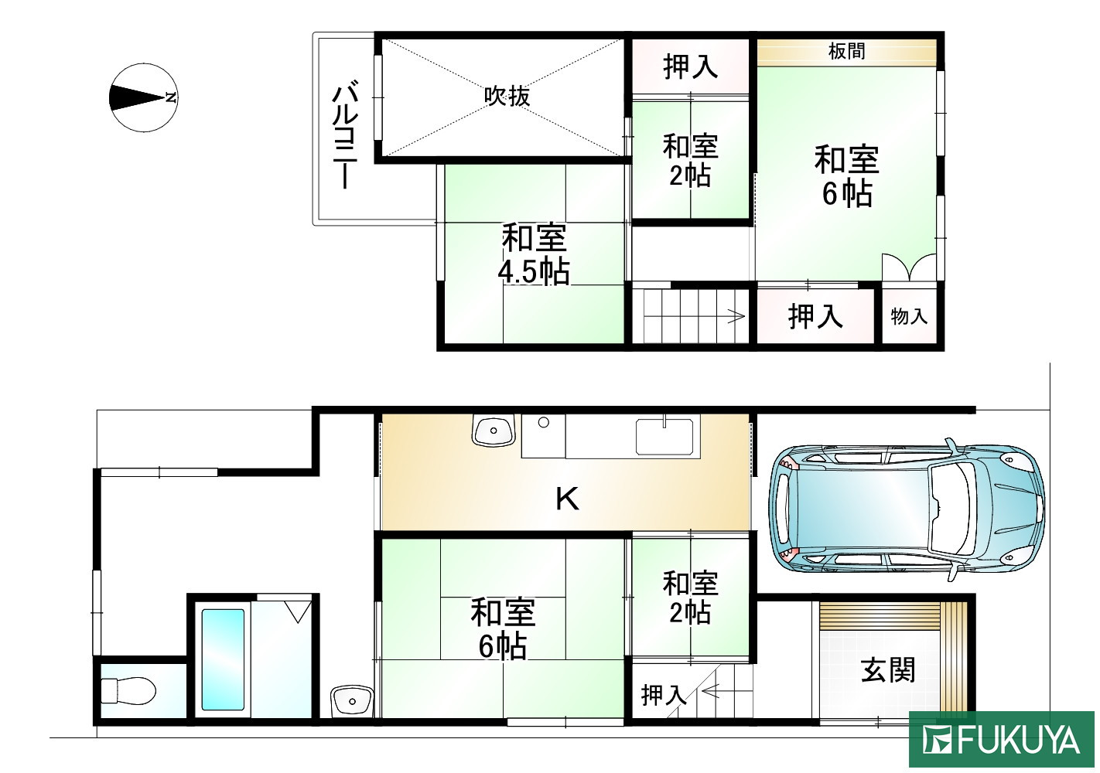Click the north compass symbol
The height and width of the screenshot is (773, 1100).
(x=144, y=97)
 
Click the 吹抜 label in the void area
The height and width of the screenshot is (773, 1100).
(x=507, y=96)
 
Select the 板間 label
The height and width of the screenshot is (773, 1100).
(x=846, y=52)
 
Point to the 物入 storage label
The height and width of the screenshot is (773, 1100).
(x=909, y=316)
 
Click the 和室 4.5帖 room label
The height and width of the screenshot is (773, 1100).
(x=534, y=254)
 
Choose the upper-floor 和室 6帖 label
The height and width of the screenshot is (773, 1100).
(x=846, y=176)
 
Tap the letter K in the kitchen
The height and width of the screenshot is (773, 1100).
(x=567, y=500)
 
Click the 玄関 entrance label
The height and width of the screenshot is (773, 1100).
(x=888, y=669)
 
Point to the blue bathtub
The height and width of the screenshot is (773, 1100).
(x=223, y=659)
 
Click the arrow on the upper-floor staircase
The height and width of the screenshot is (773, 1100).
(x=735, y=315)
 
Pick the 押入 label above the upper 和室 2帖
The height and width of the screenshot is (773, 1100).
(x=690, y=67)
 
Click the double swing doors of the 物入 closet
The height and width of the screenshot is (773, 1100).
(x=910, y=268)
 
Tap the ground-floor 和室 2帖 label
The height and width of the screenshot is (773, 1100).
(x=690, y=598)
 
